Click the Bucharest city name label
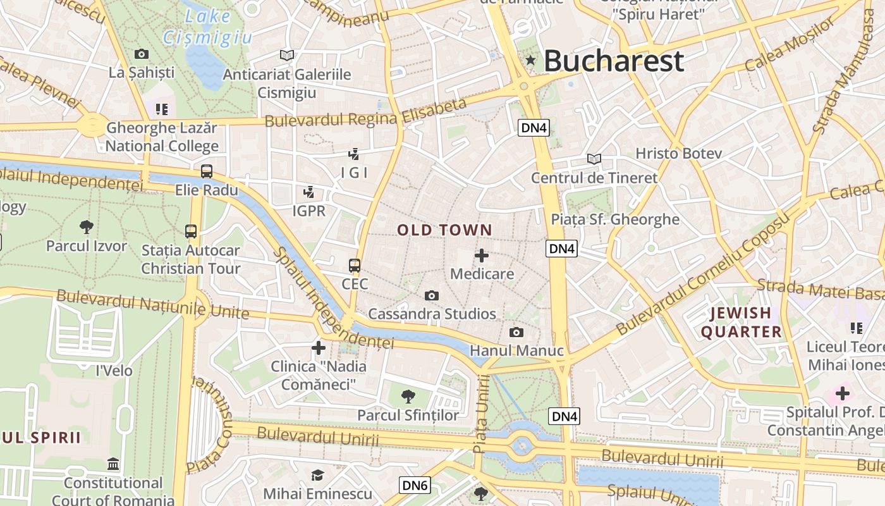point(613,61)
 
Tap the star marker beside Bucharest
point(530,61)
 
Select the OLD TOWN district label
point(444,230)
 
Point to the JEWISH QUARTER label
point(742,322)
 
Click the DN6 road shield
point(415,486)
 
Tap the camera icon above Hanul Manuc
point(516,333)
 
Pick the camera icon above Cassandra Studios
point(432,295)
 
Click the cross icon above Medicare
point(482,256)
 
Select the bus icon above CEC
point(355,266)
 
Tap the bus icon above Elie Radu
point(207,171)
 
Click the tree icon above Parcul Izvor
point(87,227)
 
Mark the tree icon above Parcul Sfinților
point(408,397)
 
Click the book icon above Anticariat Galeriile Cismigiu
point(287,56)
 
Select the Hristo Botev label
point(678,154)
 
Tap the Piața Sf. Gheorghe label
point(615,219)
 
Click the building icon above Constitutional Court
point(113,464)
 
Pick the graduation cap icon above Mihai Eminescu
point(317,475)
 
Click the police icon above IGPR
point(309,192)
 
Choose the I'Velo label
point(114,371)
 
